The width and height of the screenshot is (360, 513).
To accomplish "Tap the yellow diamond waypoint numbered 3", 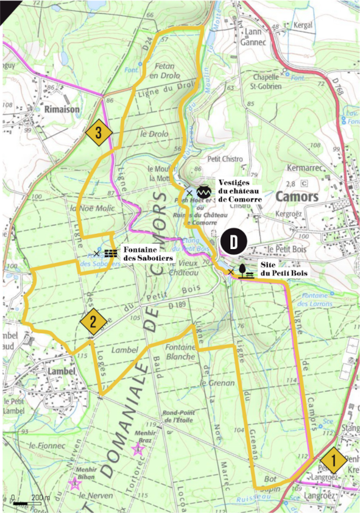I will pos(99,132).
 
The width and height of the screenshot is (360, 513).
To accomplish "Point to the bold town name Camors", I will pos(297,197).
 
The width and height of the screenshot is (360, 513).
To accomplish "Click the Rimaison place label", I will pos(62,109).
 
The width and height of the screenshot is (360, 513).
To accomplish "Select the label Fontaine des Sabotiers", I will pos(147,253).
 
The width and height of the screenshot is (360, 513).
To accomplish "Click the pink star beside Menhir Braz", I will pos(138,450).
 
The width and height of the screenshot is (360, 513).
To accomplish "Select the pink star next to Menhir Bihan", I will pos(74,484).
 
